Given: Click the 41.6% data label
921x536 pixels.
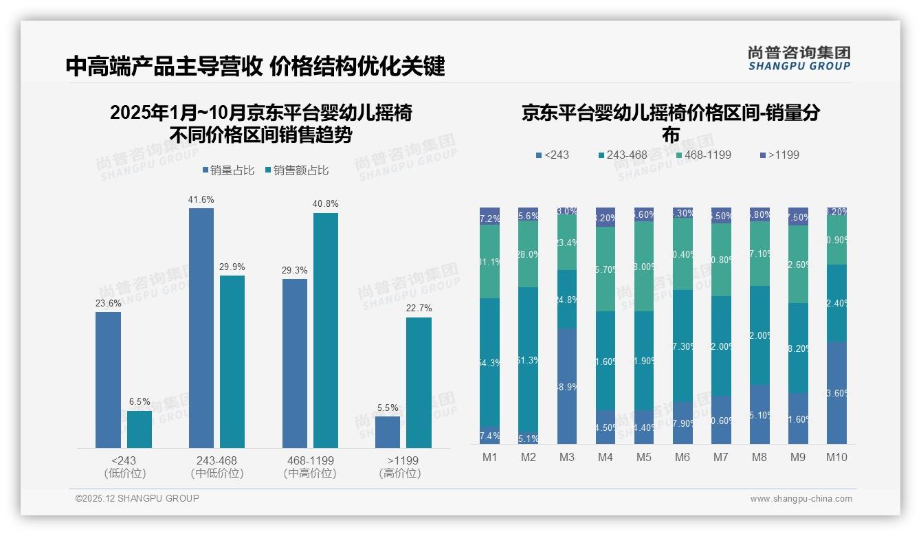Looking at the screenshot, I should click(x=201, y=200).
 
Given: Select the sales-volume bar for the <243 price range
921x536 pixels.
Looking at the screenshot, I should click(x=108, y=379).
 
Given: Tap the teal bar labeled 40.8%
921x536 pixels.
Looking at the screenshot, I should click(x=326, y=330).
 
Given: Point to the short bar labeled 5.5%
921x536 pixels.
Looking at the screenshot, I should click(x=388, y=432).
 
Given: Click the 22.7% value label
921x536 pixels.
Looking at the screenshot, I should click(x=419, y=309).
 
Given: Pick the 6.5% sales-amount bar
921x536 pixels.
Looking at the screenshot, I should click(x=140, y=429).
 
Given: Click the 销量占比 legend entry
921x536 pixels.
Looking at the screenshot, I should click(x=232, y=170).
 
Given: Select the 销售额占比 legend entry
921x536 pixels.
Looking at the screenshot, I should click(x=296, y=170).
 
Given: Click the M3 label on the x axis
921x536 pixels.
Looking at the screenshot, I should click(x=567, y=458).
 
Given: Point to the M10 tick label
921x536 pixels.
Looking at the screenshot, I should click(x=836, y=458).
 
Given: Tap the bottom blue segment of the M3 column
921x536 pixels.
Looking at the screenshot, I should click(x=567, y=386).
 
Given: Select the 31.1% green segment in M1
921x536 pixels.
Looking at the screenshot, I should click(x=490, y=262).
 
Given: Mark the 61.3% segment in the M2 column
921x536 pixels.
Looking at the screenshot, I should click(x=529, y=359).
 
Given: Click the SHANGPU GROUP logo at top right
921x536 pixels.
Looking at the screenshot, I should click(x=799, y=58).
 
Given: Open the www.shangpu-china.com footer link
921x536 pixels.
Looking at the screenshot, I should click(x=801, y=499).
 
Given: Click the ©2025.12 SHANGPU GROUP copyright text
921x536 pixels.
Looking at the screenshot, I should click(x=137, y=498).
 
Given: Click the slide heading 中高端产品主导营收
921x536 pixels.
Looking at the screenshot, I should click(x=164, y=66).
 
